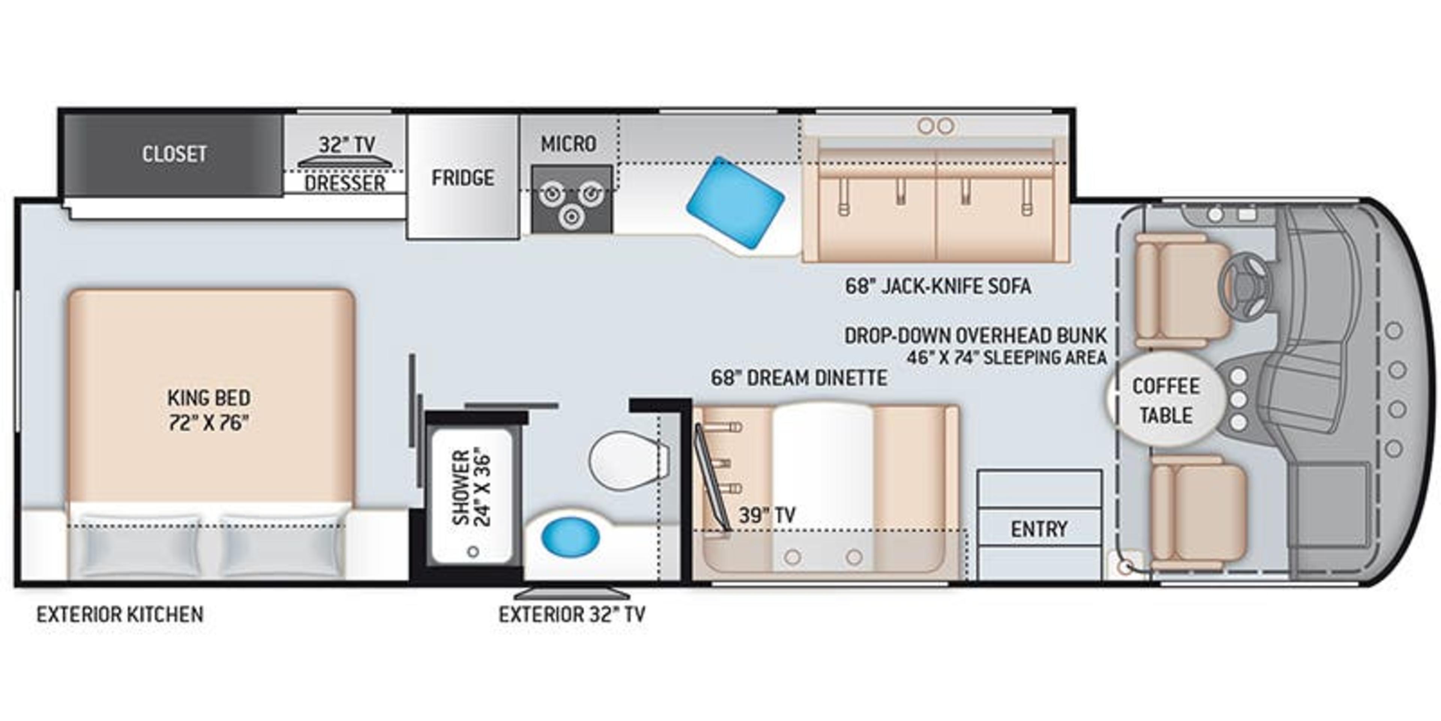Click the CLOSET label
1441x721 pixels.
point(174,154)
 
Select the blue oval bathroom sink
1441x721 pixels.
point(570,536)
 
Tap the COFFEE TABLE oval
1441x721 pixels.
point(1166,401)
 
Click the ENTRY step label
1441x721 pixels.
point(1039,528)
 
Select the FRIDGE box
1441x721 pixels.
point(463,178)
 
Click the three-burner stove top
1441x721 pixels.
point(571,200)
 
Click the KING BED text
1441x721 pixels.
point(209,398)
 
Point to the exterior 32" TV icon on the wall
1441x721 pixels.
point(572,593)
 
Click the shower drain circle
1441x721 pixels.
point(473,551)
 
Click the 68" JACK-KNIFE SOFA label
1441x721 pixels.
point(937,287)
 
